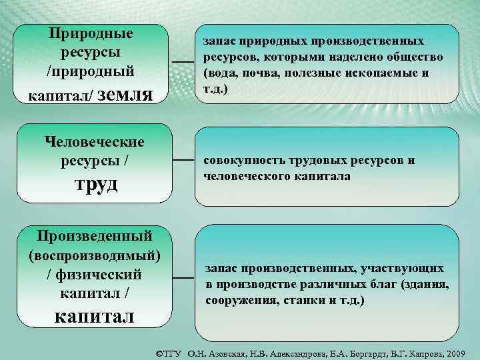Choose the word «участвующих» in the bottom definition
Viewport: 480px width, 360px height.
click(x=402, y=269)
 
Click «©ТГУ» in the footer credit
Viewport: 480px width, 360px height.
click(x=170, y=351)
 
